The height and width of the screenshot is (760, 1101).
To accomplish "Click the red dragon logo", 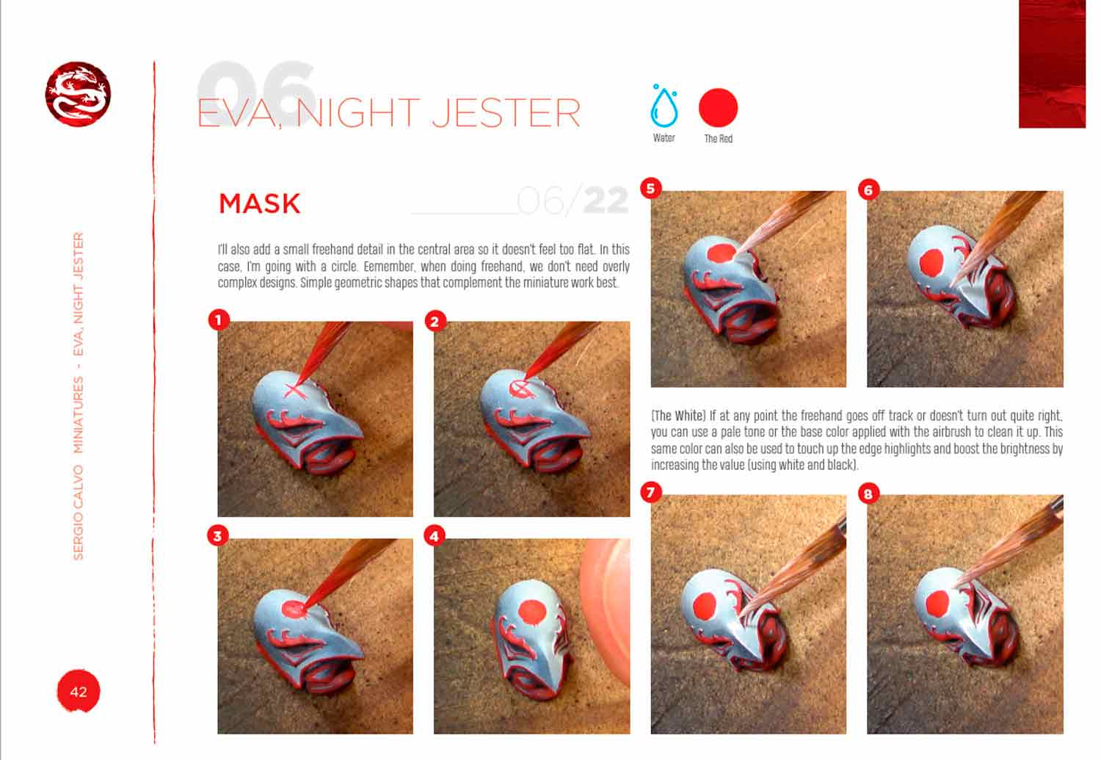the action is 78,94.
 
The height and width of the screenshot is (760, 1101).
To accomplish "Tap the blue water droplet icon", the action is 664,106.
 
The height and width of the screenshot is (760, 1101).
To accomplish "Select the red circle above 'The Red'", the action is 718,108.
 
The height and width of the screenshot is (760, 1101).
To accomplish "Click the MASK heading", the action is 260,203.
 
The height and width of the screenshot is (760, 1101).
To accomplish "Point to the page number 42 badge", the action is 79,691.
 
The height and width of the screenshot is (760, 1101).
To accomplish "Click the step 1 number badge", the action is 219,320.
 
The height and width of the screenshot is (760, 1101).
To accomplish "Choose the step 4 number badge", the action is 435,536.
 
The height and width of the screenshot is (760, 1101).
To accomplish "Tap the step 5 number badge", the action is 651,189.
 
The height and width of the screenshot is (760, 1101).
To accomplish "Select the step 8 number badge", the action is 868,493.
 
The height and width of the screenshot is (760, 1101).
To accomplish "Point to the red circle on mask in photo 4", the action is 532,612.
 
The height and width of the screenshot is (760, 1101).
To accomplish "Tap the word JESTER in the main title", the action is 506,112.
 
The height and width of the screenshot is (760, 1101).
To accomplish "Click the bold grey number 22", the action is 606,200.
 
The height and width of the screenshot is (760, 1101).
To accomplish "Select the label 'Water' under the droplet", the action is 664,138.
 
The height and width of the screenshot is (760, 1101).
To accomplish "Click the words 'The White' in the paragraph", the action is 678,416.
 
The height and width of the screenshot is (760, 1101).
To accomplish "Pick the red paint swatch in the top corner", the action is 1052,64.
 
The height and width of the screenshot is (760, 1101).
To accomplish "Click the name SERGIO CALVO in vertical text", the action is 78,513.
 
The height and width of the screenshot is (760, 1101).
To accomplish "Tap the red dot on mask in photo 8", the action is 937,603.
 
